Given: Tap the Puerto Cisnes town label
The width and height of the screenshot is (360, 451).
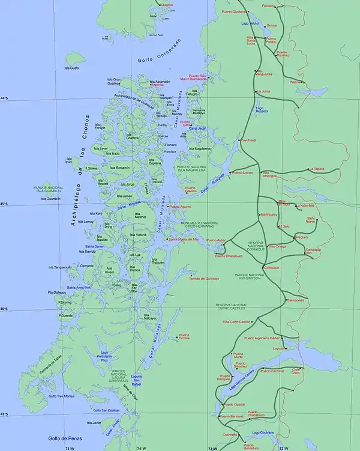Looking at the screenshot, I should (x=243, y=173).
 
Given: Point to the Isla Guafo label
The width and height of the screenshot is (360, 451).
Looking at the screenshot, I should (x=71, y=68).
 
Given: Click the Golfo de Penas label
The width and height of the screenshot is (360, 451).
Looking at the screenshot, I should (x=62, y=438).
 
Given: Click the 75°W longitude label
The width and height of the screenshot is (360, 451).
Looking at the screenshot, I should (x=70, y=448).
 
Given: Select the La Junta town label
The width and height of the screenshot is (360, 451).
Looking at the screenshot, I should (x=263, y=91).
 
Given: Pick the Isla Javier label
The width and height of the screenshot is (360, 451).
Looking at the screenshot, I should (x=94, y=423).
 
